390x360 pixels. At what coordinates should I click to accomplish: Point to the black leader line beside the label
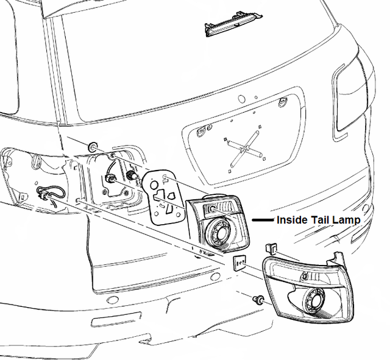tap(263, 220)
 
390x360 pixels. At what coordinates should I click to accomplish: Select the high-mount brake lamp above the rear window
tap(234, 23)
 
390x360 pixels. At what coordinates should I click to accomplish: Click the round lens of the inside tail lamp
tap(219, 231)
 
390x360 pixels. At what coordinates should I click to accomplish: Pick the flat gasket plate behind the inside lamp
tap(164, 197)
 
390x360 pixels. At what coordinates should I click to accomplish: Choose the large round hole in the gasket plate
tap(154, 185)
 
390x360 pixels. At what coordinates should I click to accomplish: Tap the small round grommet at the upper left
tap(93, 147)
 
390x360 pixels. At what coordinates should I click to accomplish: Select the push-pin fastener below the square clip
tap(258, 300)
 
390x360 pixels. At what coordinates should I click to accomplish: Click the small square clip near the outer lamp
tap(239, 263)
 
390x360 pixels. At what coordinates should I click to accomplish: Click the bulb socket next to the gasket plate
tap(131, 176)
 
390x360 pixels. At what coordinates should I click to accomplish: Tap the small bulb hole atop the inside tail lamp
tap(212, 208)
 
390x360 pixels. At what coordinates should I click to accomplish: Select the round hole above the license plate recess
tap(241, 99)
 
